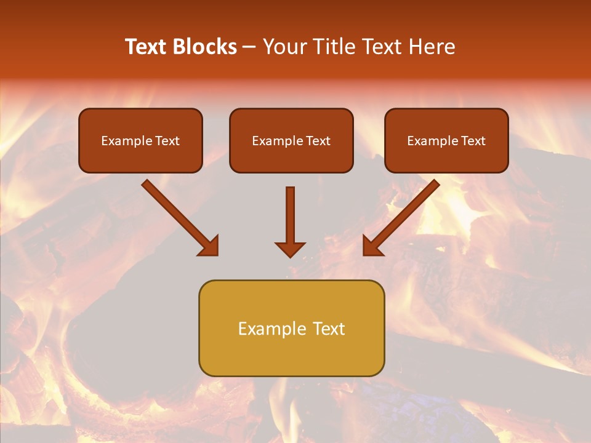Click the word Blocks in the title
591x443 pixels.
tap(204, 47)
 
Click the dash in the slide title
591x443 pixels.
tap(249, 47)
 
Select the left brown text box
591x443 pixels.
tap(140, 156)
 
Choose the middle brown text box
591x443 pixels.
tap(291, 156)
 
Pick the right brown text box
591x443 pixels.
tap(446, 156)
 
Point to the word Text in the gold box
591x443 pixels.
tap(329, 329)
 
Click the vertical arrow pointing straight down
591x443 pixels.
tap(290, 215)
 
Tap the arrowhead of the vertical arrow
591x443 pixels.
tap(290, 249)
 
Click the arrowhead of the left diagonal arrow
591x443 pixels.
tap(209, 247)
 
